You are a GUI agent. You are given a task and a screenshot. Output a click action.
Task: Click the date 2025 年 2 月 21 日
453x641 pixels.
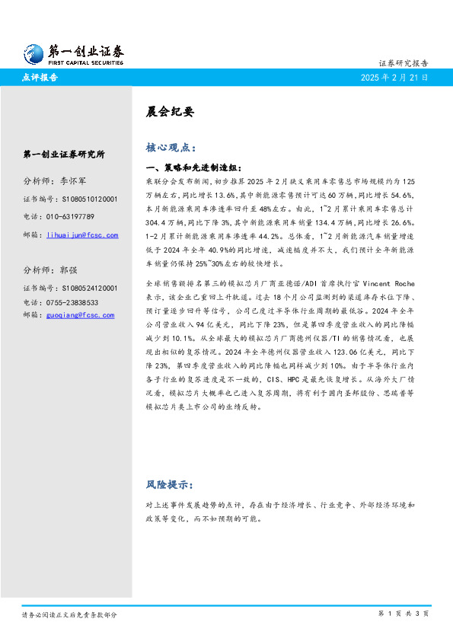[394, 78]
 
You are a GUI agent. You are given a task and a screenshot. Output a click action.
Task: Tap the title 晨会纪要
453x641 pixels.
[169, 111]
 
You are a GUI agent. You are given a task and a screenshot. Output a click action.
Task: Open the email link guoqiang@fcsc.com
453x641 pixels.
[80, 314]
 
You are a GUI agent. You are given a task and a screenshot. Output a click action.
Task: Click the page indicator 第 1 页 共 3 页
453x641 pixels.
[403, 614]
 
